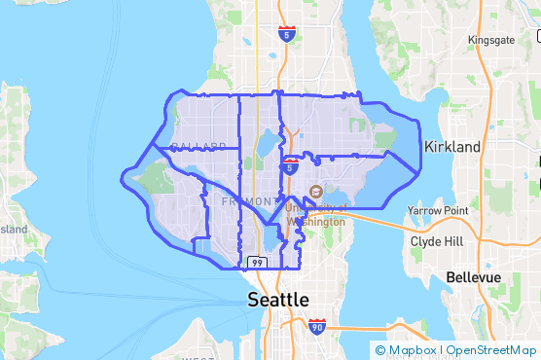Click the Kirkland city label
[452, 146]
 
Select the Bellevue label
[473, 277]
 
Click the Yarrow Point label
[438, 210]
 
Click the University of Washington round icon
[314, 191]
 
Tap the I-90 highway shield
[317, 326]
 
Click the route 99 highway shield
[257, 263]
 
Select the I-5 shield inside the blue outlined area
[290, 166]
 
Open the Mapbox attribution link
[412, 350]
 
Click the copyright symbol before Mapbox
[379, 350]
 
